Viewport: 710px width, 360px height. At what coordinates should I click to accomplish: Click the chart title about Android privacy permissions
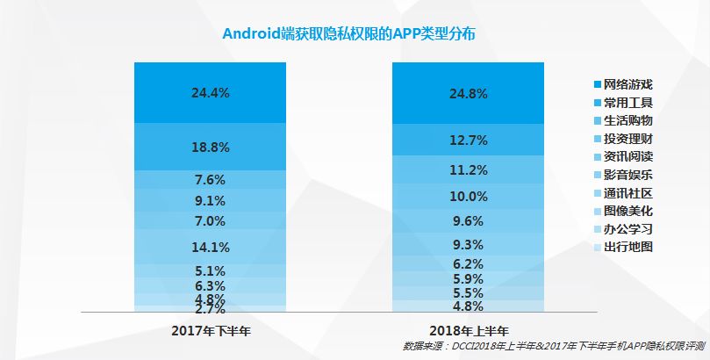pyautogui.click(x=355, y=33)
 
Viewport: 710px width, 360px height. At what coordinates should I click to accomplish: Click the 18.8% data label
pyautogui.click(x=210, y=147)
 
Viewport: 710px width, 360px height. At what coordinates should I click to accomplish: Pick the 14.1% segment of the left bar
pyautogui.click(x=210, y=246)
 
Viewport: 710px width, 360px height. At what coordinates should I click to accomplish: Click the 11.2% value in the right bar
pyautogui.click(x=469, y=169)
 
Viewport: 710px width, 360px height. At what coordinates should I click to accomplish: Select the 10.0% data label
pyautogui.click(x=469, y=196)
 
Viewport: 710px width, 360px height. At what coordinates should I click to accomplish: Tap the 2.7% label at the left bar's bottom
pyautogui.click(x=210, y=309)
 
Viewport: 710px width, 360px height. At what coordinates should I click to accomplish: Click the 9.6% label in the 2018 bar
pyautogui.click(x=469, y=221)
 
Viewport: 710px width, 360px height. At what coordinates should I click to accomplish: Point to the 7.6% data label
pyautogui.click(x=210, y=180)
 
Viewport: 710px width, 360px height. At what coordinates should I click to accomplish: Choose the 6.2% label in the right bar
pyautogui.click(x=469, y=263)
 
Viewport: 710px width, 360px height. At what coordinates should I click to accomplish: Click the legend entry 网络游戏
pyautogui.click(x=628, y=85)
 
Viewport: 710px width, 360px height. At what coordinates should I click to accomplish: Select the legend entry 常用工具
pyautogui.click(x=628, y=103)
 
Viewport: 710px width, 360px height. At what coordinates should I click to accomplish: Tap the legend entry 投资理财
pyautogui.click(x=628, y=139)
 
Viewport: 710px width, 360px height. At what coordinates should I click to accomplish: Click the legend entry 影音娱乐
pyautogui.click(x=628, y=175)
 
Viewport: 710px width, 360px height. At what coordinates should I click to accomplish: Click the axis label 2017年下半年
pyautogui.click(x=211, y=330)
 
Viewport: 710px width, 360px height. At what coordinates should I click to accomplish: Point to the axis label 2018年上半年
pyautogui.click(x=469, y=330)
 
